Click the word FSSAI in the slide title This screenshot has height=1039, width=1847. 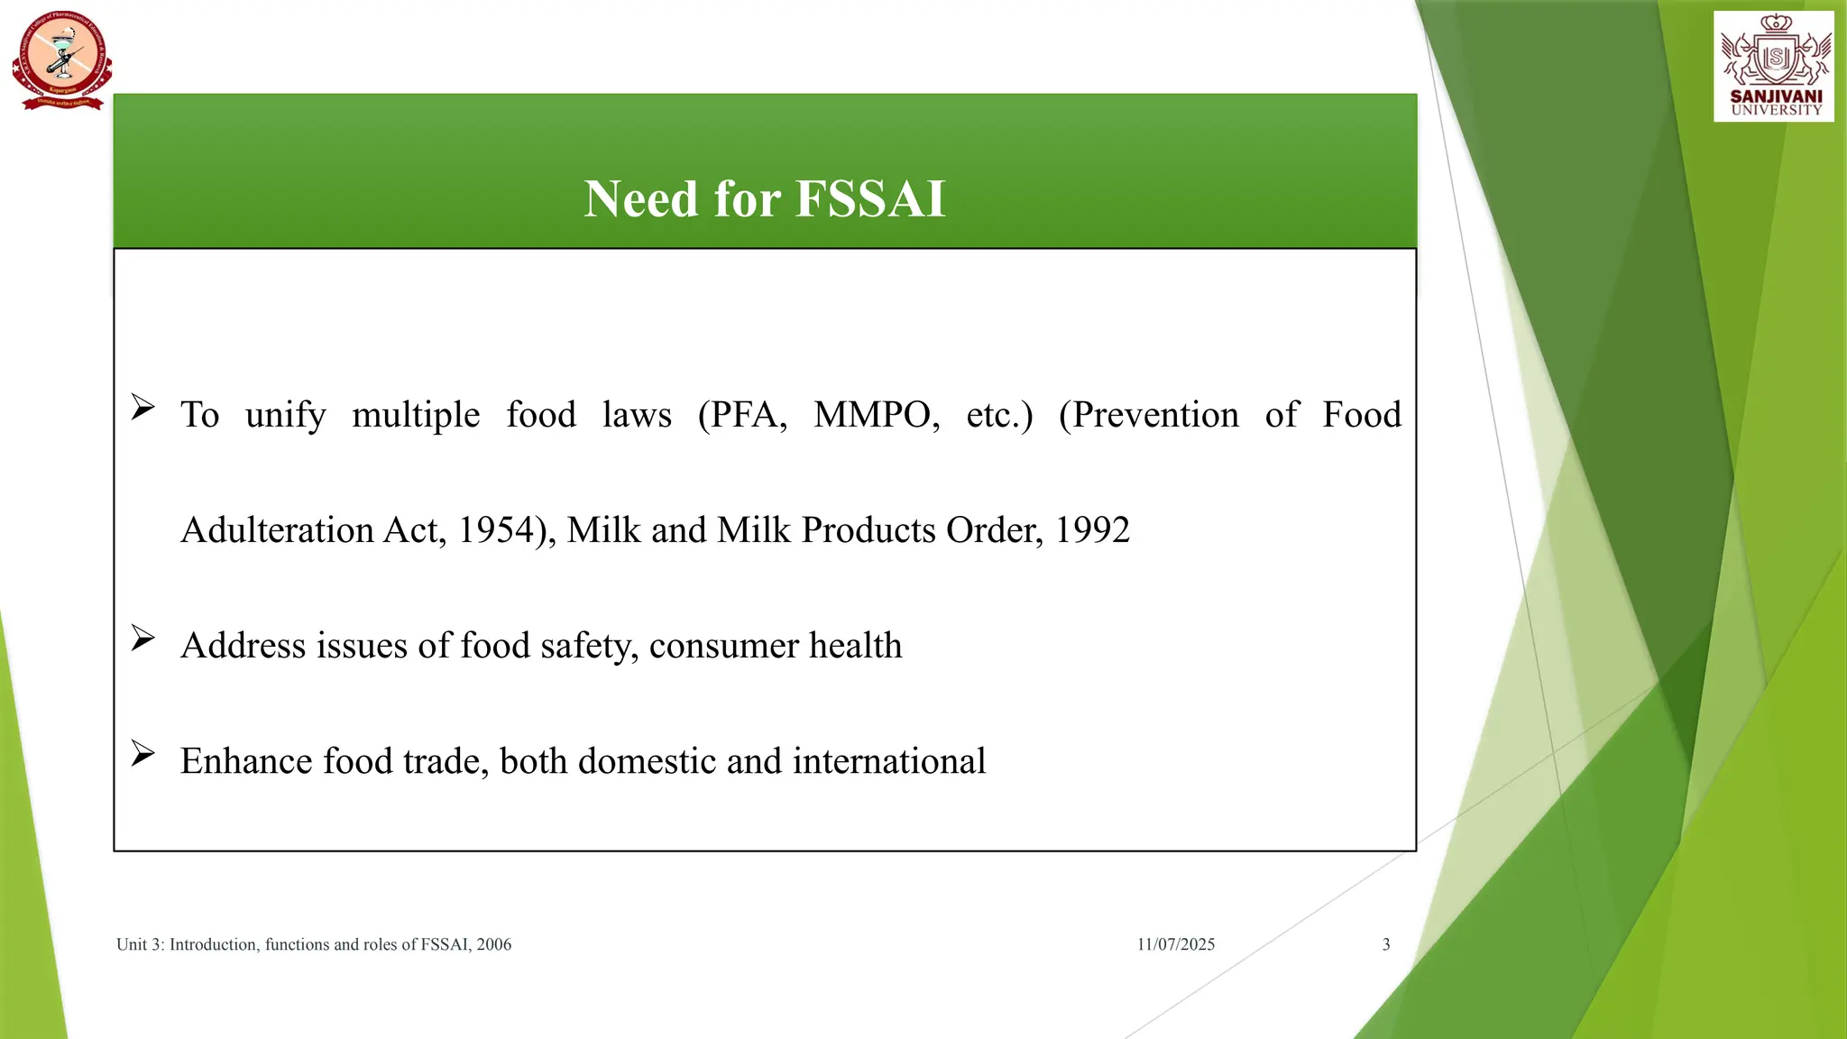tap(870, 198)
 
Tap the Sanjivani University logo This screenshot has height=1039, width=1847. tap(1773, 67)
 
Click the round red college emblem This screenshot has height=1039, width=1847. tap(62, 60)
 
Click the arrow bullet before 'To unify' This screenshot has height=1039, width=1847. tap(142, 408)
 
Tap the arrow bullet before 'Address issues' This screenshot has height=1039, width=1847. tap(142, 639)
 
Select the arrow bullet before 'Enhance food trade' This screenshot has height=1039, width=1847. tap(142, 754)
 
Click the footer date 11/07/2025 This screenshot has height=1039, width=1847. tap(1175, 944)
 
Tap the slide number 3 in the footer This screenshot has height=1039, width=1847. tap(1386, 944)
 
